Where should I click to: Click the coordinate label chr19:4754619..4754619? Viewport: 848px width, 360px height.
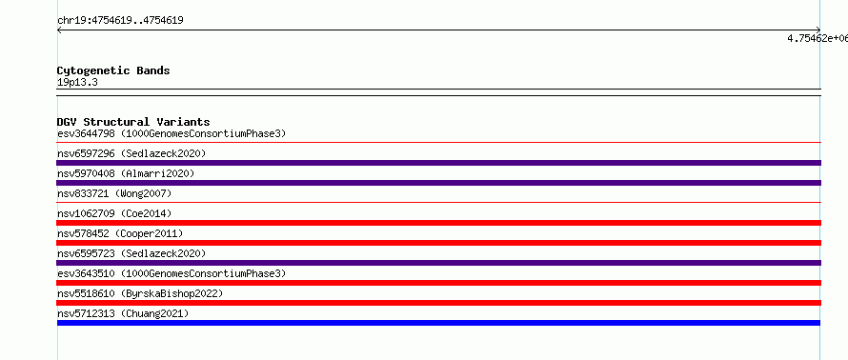(x=120, y=21)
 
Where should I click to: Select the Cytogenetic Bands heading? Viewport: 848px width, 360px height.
(x=113, y=70)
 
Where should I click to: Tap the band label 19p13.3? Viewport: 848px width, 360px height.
(x=77, y=83)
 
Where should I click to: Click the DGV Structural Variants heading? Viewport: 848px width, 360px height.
(x=133, y=122)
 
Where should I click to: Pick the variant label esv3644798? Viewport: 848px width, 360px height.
(x=86, y=133)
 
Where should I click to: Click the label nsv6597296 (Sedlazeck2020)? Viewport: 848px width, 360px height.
(x=131, y=153)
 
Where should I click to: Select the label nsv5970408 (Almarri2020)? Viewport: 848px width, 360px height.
(x=126, y=173)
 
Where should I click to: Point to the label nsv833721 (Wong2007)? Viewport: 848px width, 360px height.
(x=114, y=193)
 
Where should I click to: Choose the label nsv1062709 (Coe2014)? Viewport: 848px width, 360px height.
(x=114, y=213)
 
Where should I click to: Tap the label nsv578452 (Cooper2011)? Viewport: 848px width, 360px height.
(x=120, y=233)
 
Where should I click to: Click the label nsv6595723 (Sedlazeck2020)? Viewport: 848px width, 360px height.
(x=131, y=253)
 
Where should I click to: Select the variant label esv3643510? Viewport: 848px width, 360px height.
(x=86, y=273)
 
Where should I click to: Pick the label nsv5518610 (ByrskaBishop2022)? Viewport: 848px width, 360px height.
(x=140, y=293)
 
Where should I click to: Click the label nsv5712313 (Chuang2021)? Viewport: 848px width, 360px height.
(x=123, y=313)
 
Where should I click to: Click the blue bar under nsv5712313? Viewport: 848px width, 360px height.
(x=438, y=323)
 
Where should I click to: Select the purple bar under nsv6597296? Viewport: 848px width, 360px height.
(x=438, y=163)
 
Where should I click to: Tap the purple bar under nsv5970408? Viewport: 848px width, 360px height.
(x=438, y=183)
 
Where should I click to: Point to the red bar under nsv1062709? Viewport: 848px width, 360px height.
(x=438, y=223)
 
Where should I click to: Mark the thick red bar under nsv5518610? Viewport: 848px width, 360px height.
(x=438, y=303)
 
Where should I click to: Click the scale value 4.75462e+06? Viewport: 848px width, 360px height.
(x=818, y=38)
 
